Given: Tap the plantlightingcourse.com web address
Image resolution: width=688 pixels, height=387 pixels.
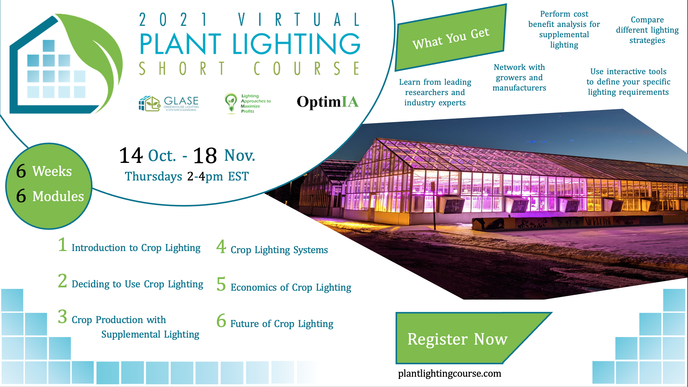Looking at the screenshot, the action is pos(450,374).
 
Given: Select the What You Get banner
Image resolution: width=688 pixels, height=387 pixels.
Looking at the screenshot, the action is pos(451,38).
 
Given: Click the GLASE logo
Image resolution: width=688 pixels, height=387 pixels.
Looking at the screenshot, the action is pos(169,104).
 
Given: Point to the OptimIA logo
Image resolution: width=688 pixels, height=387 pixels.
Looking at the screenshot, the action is pos(328,102).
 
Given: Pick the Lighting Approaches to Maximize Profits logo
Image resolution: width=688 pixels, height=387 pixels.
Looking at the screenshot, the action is pos(248,103).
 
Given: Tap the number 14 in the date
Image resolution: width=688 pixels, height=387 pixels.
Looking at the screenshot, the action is pos(131,155).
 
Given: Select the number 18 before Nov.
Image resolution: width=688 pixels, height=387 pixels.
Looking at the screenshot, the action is pos(205,156).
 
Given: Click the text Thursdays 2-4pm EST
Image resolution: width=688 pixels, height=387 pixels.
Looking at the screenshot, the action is pos(187,176).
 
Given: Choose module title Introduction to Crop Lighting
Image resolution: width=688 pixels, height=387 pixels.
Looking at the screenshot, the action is pos(136,248).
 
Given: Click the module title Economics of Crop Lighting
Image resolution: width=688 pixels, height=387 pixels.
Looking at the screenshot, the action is pos(291,287).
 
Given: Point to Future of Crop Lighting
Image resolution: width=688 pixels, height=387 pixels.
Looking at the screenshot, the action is pos(282,324).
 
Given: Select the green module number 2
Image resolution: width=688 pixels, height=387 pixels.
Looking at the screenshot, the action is pos(62,281).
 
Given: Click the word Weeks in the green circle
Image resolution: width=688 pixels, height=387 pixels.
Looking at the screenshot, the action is pos(52,171).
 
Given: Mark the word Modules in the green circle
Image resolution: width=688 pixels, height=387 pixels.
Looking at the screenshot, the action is pos(58,196).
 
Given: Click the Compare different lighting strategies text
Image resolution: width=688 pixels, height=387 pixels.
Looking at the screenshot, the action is pos(647,30).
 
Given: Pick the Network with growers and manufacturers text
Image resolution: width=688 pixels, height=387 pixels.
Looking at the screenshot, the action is pos(519,78).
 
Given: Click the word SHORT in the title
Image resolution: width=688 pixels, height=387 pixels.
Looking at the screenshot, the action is pos(182,68).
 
